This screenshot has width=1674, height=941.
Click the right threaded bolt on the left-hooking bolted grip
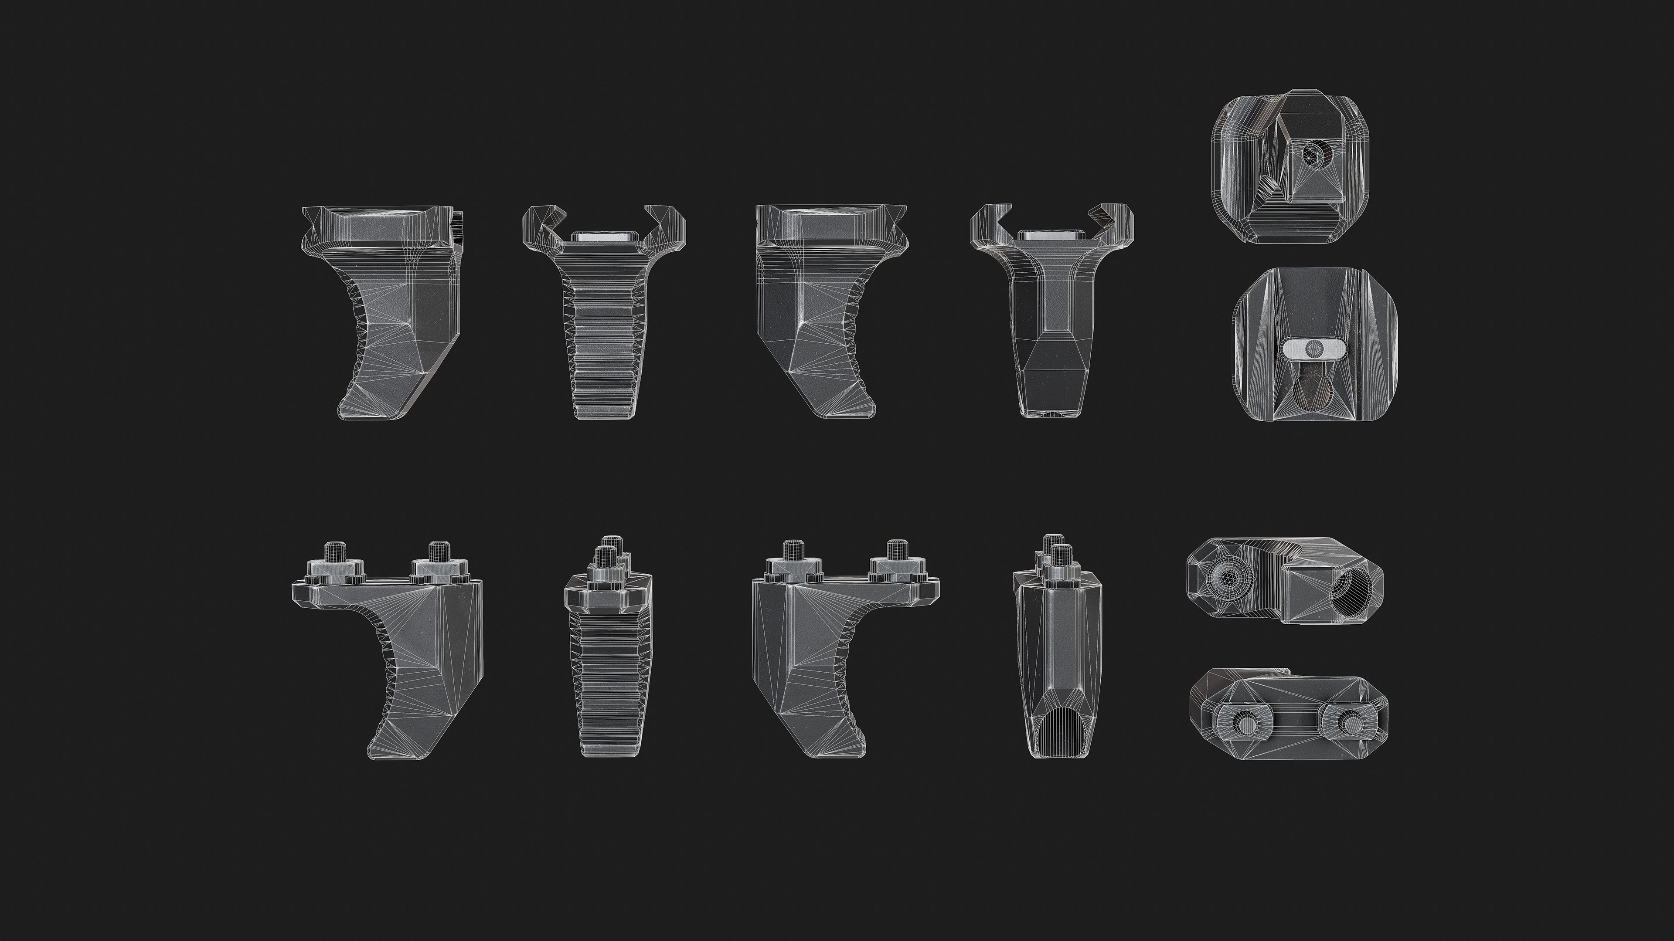pos(441,552)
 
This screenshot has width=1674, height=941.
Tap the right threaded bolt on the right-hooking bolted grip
pos(897,552)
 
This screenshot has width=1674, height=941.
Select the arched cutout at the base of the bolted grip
pos(1057,734)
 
